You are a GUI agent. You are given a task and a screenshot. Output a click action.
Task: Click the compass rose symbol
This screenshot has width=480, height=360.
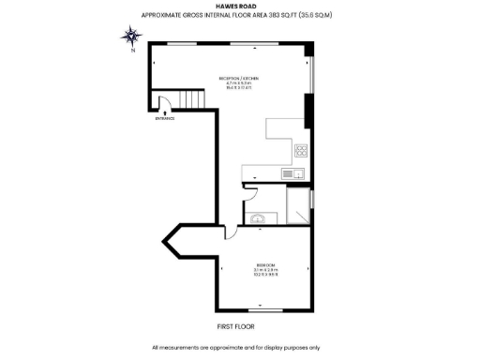point(132,37)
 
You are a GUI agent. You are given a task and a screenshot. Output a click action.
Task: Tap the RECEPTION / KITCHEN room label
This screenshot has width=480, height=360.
point(238,78)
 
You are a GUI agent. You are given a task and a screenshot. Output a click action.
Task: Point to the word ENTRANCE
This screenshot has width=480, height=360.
point(165,118)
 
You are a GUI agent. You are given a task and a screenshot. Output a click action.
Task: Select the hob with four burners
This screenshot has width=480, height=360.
point(302,150)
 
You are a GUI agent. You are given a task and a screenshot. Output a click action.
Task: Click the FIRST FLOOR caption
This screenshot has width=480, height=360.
point(237,326)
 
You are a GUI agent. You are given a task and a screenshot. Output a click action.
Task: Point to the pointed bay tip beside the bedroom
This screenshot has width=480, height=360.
point(165,243)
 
